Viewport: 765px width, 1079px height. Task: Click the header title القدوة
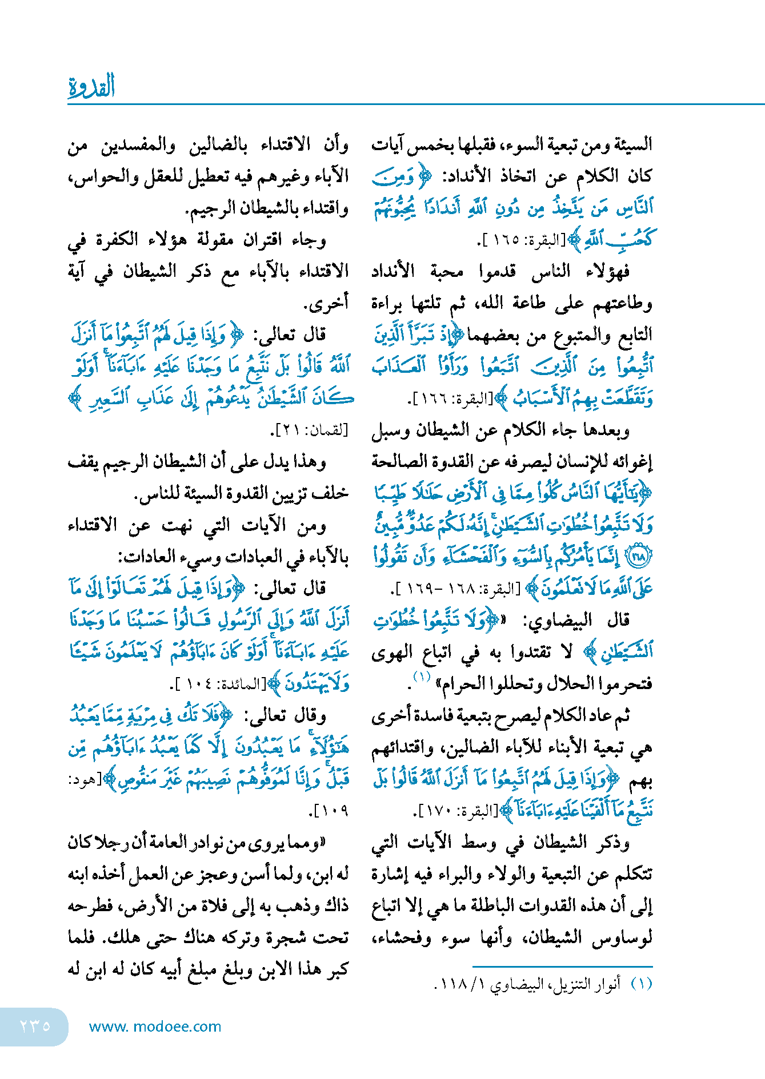(91, 86)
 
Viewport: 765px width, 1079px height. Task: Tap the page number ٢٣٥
(35, 1026)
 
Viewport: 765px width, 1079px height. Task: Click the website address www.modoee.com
(155, 1026)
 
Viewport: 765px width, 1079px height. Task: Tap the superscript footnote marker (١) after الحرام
(422, 677)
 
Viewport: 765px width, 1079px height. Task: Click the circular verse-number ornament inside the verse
(640, 557)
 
